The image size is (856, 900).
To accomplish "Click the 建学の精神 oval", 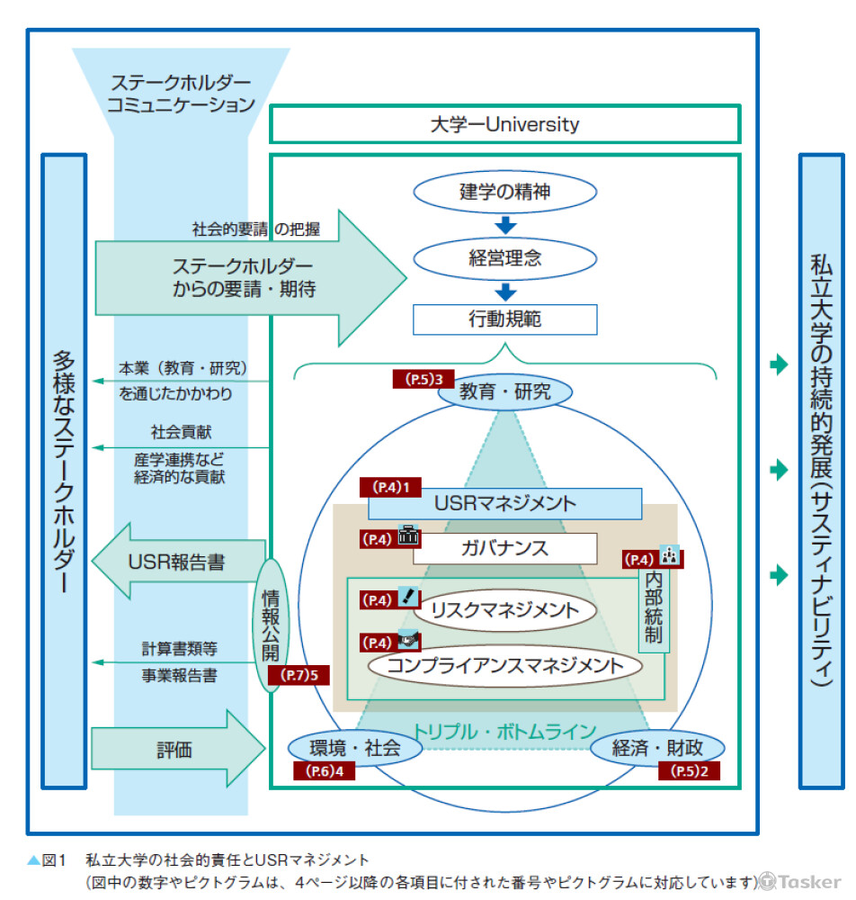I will pos(504,192).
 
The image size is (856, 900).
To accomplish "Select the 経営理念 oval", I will pos(504,258).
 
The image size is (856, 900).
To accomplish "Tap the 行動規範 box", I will pos(504,319).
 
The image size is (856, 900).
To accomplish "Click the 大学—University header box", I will pos(504,124).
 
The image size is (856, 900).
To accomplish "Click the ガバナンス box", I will pos(504,548).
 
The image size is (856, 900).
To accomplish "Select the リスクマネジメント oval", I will pos(504,610).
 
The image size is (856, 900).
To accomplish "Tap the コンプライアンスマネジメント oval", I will pos(504,666).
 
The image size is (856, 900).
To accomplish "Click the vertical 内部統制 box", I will pos(654,609).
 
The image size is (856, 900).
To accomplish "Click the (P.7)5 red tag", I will pos(299,674).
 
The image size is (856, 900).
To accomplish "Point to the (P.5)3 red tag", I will pos(424,379).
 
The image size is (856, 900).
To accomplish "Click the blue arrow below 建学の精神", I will pos(505,225).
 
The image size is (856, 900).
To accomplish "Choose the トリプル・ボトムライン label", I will pos(504,730).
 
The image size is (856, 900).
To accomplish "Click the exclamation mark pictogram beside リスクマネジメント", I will pos(408,598).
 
